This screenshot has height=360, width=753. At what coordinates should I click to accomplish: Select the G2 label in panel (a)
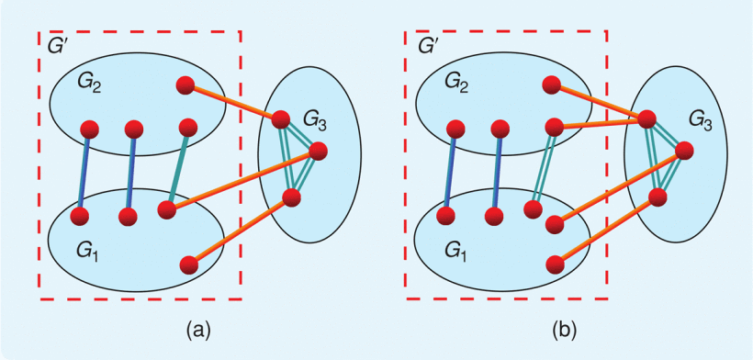(90, 84)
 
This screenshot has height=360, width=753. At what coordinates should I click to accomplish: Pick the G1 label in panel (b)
(454, 251)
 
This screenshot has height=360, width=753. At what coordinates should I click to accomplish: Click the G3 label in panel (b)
(701, 118)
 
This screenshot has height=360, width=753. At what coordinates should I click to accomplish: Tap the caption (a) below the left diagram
(201, 327)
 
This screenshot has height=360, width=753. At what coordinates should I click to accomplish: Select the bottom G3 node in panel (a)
(292, 197)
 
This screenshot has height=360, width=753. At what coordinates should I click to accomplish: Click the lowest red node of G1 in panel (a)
(190, 265)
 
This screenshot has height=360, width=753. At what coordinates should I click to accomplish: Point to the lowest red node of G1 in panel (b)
(554, 264)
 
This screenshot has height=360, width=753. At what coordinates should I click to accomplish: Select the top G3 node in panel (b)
(646, 118)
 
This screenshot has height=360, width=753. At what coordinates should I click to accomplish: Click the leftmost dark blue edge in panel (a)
(84, 173)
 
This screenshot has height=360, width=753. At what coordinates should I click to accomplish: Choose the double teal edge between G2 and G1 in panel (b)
(544, 169)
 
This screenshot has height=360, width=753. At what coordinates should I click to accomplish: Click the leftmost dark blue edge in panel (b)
(450, 172)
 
